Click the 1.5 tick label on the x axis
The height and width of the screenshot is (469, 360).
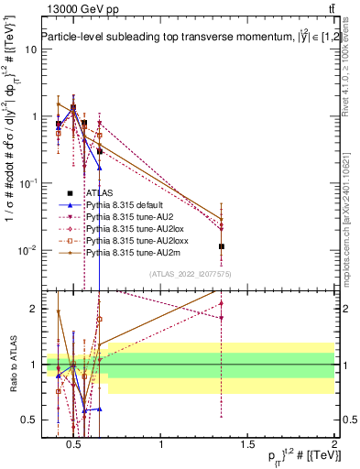tap(247, 445)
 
